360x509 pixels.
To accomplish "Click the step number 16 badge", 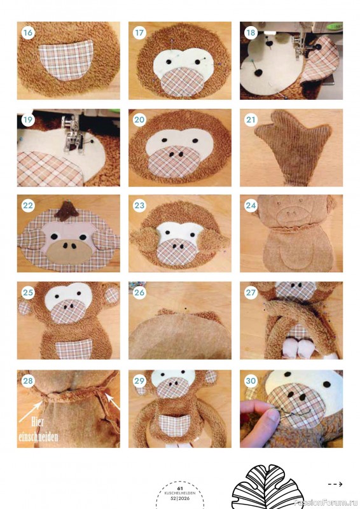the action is click(x=28, y=33).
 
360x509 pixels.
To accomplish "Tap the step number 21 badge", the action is click(x=251, y=120).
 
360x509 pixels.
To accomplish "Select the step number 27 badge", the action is click(x=251, y=293).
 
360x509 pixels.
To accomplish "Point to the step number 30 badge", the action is click(x=251, y=380).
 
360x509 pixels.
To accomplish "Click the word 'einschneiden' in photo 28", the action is click(x=39, y=436).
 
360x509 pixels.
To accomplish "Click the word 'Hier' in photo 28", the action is click(x=38, y=422).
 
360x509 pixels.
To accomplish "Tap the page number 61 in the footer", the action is click(x=180, y=488).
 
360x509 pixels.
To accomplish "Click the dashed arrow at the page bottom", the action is click(x=335, y=484).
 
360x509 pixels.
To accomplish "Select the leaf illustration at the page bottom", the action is click(x=268, y=487).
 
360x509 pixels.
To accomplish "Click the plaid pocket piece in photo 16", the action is click(x=66, y=60).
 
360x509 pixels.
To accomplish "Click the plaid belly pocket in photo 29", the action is click(x=174, y=425).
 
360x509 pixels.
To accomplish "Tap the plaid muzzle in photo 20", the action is click(x=174, y=161).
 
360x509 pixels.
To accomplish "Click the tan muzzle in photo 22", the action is click(x=69, y=251).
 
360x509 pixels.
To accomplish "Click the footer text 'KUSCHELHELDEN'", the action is click(x=180, y=492).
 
